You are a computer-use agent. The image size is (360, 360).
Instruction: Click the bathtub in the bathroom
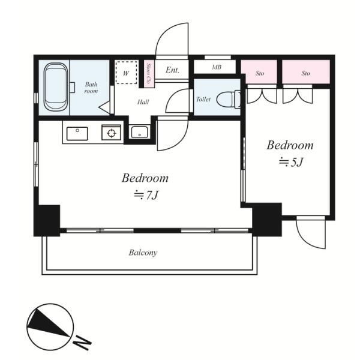click(x=56, y=87)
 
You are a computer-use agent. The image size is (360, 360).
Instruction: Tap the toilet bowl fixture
click(x=228, y=100)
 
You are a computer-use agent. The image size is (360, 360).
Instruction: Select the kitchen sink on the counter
click(x=77, y=133)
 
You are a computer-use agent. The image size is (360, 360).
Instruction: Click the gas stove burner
click(x=112, y=133)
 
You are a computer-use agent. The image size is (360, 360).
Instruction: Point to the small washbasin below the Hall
click(x=140, y=132)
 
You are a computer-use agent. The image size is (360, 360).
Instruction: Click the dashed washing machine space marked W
click(x=126, y=73)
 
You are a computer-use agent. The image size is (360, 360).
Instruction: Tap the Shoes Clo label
click(x=149, y=73)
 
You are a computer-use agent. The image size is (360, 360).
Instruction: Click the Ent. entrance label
click(x=172, y=70)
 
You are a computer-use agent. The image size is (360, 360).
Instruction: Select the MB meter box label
click(x=217, y=67)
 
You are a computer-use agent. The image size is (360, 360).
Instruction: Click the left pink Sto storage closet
click(x=259, y=71)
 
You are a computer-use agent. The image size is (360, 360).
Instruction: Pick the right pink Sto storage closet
click(x=306, y=71)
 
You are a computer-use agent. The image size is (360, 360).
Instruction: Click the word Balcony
click(x=143, y=253)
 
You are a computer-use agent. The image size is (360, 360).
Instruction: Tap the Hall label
click(x=143, y=102)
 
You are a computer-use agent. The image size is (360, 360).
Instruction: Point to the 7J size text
click(x=146, y=196)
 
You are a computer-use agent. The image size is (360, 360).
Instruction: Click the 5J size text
click(x=291, y=163)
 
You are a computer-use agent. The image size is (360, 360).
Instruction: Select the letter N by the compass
click(x=82, y=342)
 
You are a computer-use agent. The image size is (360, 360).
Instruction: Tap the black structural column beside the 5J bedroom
click(x=267, y=220)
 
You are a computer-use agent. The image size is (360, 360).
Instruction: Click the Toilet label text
click(x=203, y=99)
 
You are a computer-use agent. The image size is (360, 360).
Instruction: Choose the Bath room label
click(x=91, y=88)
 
